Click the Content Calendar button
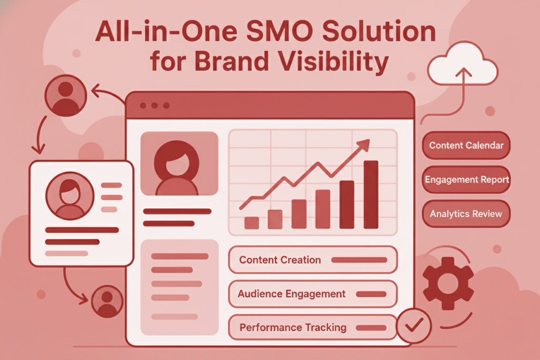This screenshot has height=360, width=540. pos(466,145)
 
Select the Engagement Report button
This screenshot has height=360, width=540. pos(466,179)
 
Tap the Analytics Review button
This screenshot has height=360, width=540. pos(466,213)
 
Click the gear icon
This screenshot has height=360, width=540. pos(448,283)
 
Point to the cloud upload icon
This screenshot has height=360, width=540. pos(462,64)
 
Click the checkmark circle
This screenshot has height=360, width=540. pos(413,325)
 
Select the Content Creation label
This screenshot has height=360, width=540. pos(280,260)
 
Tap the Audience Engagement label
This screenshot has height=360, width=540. pos(291,294)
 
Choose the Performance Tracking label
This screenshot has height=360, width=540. pos(293,327)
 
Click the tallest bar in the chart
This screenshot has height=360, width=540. pos(371,194)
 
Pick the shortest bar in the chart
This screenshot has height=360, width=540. pos(252,223)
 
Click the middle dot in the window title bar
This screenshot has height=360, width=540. pos(155,105)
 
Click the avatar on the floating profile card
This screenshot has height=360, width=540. pos(70,196)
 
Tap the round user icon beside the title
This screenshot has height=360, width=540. pos(65,95)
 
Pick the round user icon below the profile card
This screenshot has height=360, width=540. pos(107,301)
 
